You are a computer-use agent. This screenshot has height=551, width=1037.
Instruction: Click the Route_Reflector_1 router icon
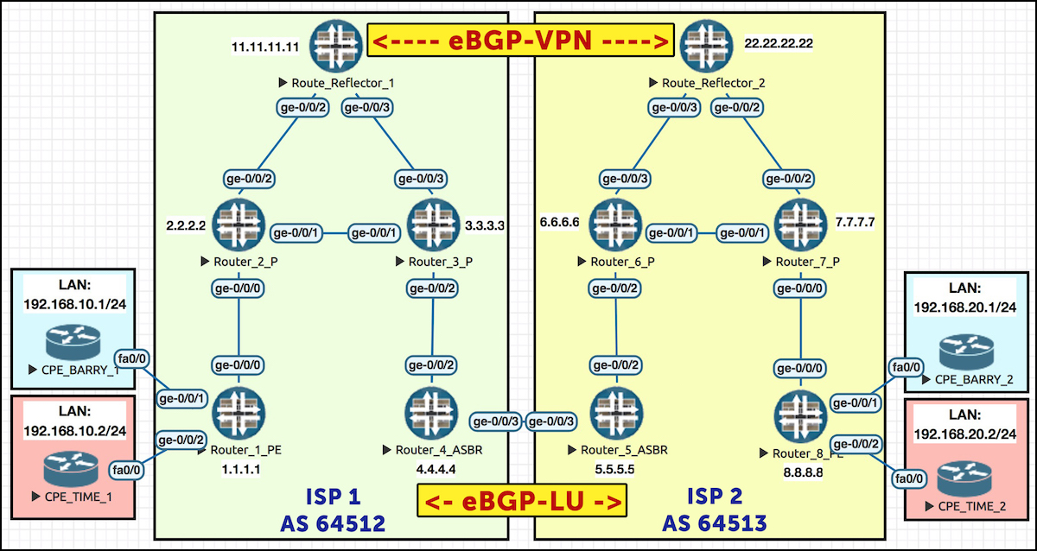(336, 45)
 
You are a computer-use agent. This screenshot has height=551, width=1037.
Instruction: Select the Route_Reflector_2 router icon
(707, 45)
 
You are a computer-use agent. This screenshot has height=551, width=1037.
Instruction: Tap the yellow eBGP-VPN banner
(520, 41)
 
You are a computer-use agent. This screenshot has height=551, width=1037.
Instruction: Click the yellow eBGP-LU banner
(522, 501)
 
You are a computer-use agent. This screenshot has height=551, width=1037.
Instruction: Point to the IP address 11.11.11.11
(265, 47)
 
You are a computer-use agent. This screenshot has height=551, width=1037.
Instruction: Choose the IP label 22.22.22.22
(779, 43)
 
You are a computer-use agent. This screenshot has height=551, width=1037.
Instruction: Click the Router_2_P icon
(239, 225)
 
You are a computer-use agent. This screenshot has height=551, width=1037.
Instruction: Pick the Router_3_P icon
(433, 225)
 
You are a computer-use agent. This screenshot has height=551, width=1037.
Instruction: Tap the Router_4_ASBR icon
(432, 413)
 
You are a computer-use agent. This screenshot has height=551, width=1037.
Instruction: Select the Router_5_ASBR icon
(617, 413)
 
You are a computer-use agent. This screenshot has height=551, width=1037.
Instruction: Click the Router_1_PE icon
(239, 413)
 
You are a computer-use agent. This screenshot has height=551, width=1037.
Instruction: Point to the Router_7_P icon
(801, 225)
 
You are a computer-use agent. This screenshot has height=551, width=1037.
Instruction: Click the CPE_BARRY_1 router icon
(73, 342)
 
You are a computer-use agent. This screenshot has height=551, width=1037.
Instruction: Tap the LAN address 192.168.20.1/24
(965, 307)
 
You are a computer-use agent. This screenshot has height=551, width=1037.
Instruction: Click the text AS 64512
(333, 523)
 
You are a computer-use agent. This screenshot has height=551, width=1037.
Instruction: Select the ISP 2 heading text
(715, 496)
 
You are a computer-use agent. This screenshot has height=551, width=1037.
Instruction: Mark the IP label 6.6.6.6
(560, 223)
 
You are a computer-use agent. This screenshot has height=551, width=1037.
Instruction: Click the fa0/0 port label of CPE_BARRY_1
(132, 358)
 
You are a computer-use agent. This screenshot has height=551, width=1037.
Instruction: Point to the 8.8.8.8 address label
(803, 472)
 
